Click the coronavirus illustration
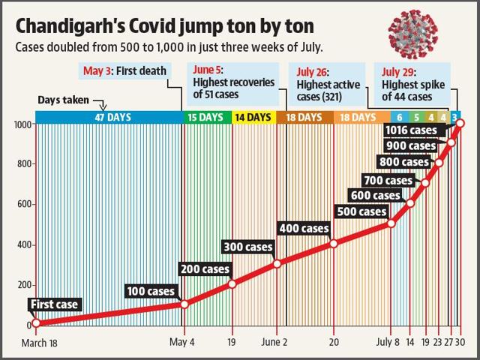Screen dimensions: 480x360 pyautogui.click(x=413, y=34)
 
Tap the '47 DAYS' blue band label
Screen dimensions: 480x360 pyautogui.click(x=112, y=117)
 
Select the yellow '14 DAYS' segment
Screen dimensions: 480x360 pyautogui.click(x=253, y=117)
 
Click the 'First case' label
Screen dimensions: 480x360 pyautogui.click(x=55, y=304)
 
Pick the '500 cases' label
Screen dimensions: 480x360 pyautogui.click(x=361, y=211)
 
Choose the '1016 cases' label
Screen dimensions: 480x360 pyautogui.click(x=411, y=130)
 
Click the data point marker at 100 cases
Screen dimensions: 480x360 pyautogui.click(x=184, y=304)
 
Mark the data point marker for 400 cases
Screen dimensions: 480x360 pyautogui.click(x=334, y=244)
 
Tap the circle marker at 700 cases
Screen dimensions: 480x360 pyautogui.click(x=425, y=183)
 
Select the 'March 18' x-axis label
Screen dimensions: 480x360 pyautogui.click(x=40, y=343)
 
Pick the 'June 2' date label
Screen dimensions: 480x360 pyautogui.click(x=274, y=342)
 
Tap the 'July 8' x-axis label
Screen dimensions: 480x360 pyautogui.click(x=388, y=342)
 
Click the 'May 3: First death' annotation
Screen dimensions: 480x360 pyautogui.click(x=125, y=71)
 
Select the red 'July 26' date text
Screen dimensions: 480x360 pyautogui.click(x=312, y=72)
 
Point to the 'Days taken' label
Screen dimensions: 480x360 pyautogui.click(x=63, y=100)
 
